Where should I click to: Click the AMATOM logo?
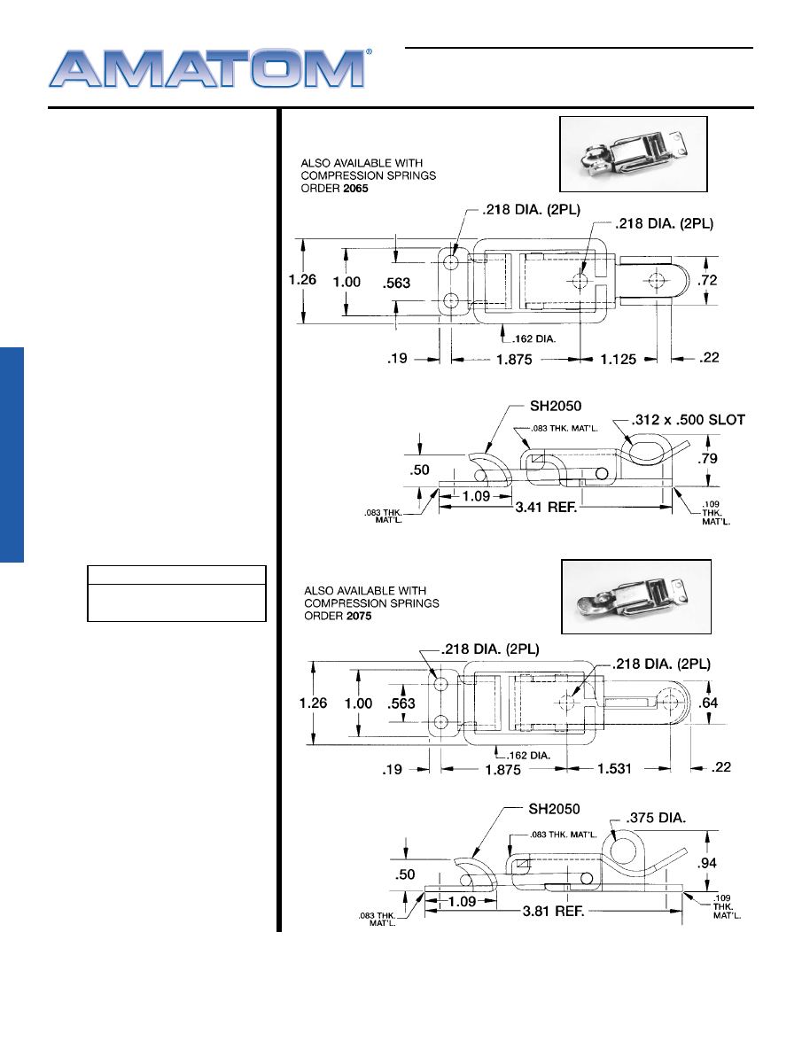point(207,68)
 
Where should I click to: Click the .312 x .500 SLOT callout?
point(688,419)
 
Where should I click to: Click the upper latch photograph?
point(633,153)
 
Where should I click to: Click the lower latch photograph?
point(636,597)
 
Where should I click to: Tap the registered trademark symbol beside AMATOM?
point(369,52)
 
